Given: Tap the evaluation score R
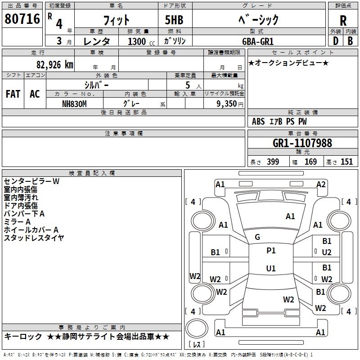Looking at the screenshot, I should coord(343,21).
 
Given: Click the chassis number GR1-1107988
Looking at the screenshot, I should coord(302,143).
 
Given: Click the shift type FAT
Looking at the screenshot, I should coord(13,94).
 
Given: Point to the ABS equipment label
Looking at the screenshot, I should coord(258,121).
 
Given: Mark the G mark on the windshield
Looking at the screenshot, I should coord(257,237).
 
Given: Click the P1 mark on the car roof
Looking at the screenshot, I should coord(271,251).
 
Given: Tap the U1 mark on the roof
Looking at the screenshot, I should coord(271,269).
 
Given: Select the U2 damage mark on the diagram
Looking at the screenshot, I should coord(327,252).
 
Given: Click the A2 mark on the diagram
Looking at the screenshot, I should coord(321,184).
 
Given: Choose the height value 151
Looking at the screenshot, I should coord(346,162).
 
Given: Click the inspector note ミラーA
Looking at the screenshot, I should coord(17,222).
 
